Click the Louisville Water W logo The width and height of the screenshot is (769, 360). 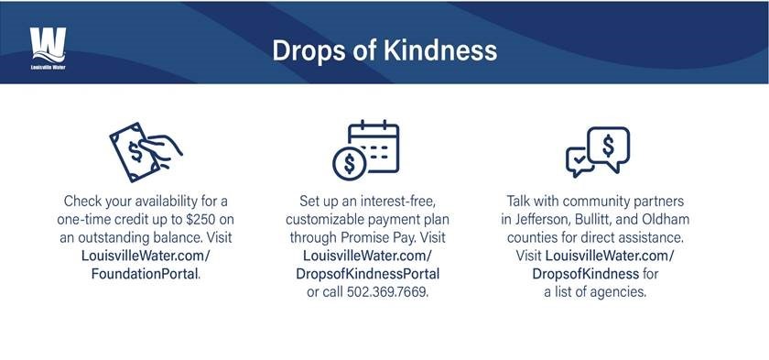click(48, 48)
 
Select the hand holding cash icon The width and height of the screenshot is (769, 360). click(146, 152)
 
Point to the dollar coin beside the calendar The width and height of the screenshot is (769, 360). click(349, 164)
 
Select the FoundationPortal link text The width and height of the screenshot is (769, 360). click(146, 274)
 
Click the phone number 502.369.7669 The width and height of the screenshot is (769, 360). click(387, 292)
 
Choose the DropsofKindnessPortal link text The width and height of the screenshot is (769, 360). click(368, 274)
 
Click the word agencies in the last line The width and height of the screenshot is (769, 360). click(619, 293)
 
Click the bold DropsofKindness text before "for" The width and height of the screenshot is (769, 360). click(586, 274)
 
